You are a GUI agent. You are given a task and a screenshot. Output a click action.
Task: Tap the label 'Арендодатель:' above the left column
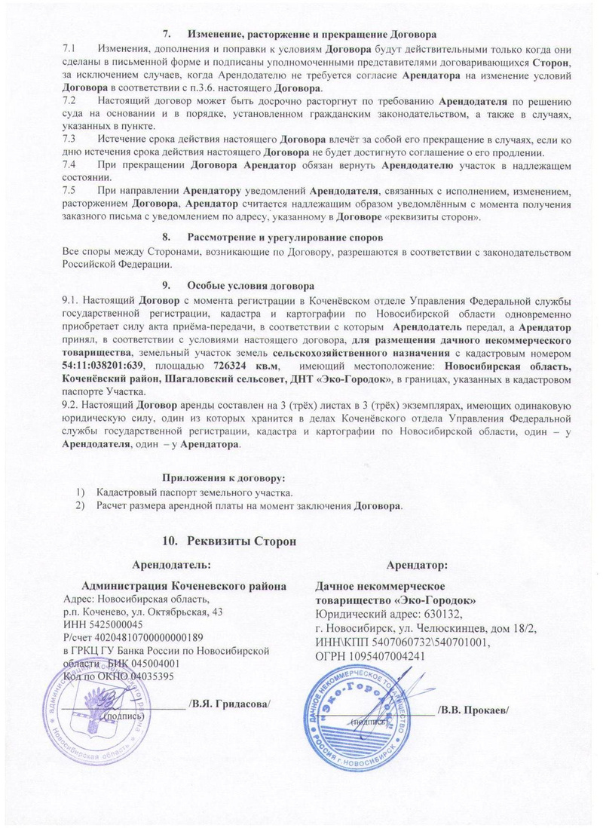point(171,564)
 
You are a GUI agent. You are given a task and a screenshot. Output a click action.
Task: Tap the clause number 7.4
point(70,164)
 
